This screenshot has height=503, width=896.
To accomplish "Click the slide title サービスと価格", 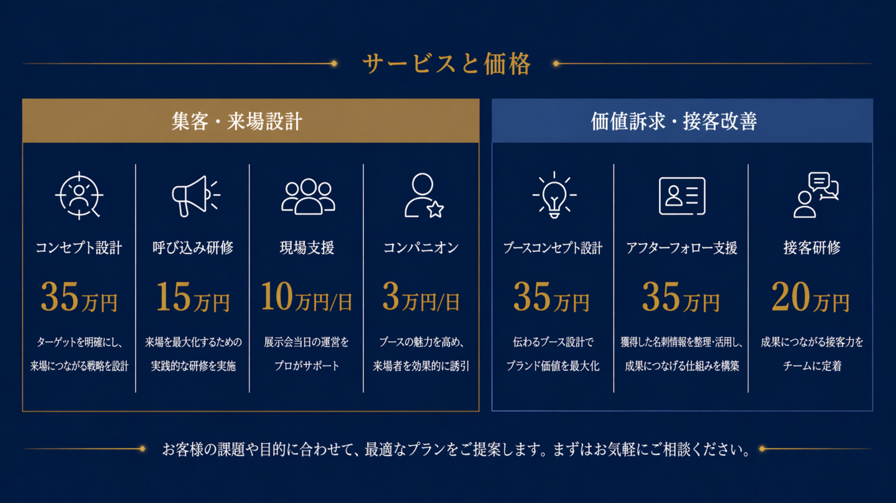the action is click(446, 64).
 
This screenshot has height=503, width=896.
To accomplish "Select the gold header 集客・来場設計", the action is click(237, 121).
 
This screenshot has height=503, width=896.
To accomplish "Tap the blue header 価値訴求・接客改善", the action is click(674, 121).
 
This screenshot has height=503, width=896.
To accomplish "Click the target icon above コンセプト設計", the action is click(79, 195).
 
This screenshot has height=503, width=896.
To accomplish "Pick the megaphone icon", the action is click(196, 196).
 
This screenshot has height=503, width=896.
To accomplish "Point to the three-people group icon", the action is click(308, 196).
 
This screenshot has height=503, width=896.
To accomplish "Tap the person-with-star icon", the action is click(424, 195).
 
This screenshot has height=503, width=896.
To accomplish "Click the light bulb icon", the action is click(554, 195).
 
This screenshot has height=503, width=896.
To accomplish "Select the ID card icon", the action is click(682, 196).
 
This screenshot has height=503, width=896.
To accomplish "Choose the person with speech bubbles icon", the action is click(816, 195).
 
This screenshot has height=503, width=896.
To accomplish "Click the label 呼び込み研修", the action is click(193, 248).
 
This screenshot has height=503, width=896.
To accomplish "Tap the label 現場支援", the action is click(307, 248).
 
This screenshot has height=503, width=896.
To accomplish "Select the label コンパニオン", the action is click(421, 248).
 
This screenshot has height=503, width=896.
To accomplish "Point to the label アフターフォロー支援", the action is click(681, 248).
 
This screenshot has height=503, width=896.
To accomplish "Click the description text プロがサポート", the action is click(307, 366).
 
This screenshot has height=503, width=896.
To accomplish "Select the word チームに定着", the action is click(812, 366).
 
